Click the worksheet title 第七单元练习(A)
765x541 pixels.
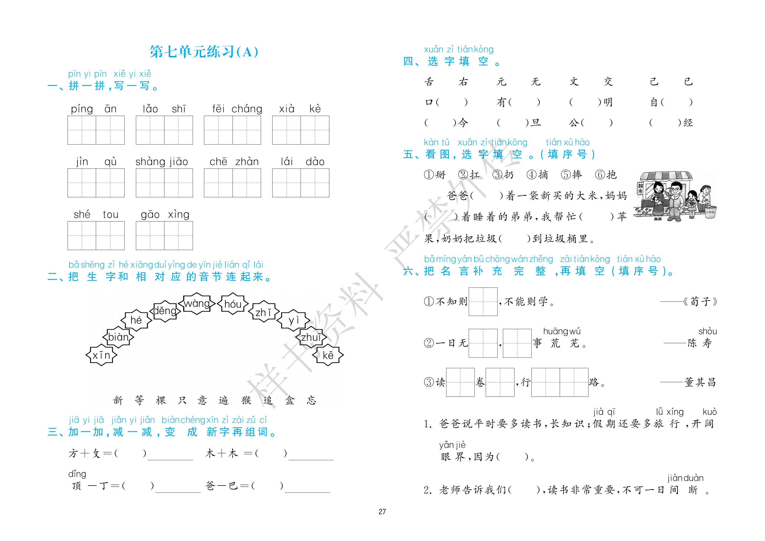click(x=204, y=52)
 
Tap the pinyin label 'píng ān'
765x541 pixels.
click(x=94, y=109)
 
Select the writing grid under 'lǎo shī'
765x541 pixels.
click(x=164, y=130)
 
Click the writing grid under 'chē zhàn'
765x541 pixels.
click(x=232, y=183)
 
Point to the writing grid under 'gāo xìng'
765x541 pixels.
click(x=164, y=235)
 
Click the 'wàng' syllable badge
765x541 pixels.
click(x=197, y=303)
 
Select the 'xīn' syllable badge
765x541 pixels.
click(x=101, y=355)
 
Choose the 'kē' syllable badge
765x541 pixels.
click(x=328, y=355)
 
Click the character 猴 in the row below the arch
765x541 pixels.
click(x=246, y=400)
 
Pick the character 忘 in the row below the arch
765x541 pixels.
click(x=311, y=400)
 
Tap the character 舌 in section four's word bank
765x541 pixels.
click(x=429, y=82)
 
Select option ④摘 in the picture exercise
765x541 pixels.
click(x=537, y=174)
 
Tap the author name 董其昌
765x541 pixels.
click(x=700, y=382)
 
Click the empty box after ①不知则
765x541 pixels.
click(x=483, y=301)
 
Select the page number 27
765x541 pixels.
click(x=382, y=512)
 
